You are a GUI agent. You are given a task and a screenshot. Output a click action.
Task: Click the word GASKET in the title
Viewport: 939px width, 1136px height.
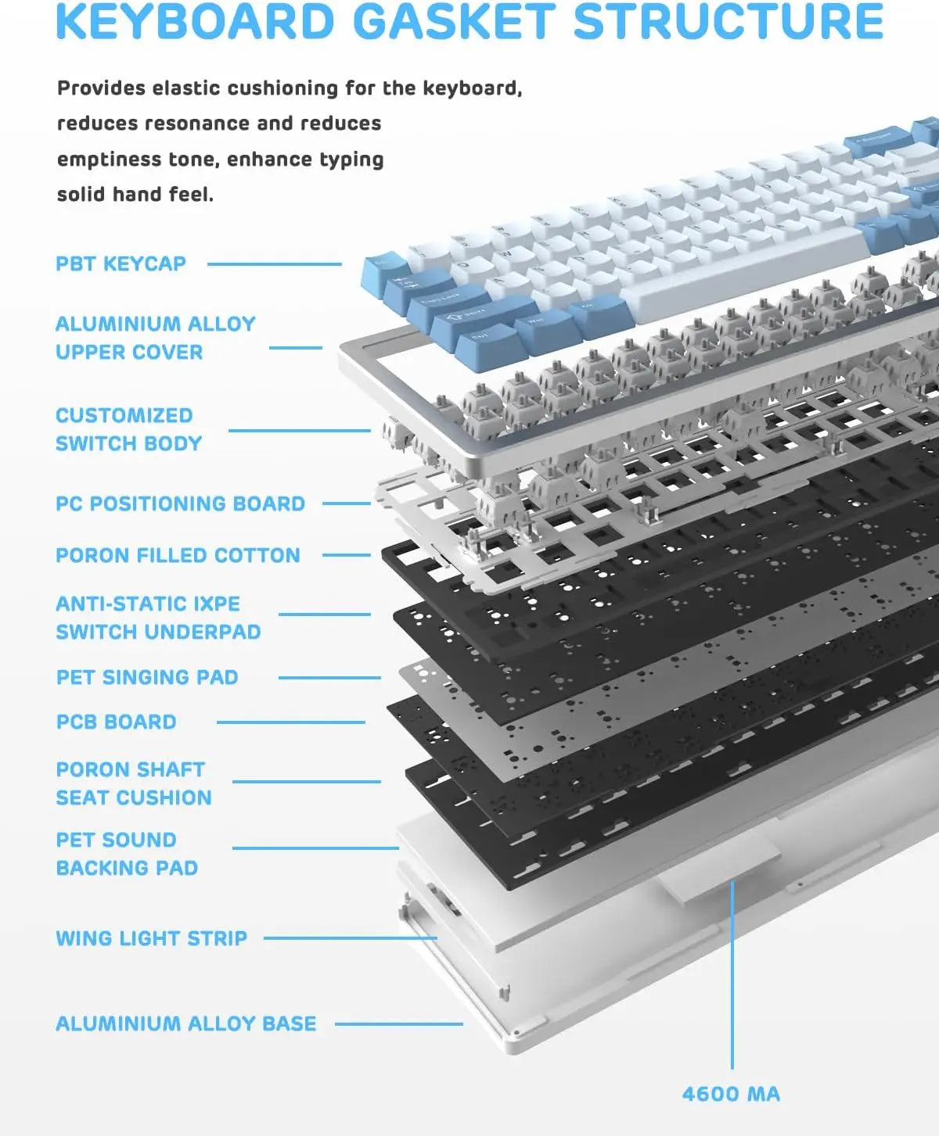pos(455,21)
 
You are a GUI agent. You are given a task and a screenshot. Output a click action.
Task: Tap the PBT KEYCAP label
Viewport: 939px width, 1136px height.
pos(121,264)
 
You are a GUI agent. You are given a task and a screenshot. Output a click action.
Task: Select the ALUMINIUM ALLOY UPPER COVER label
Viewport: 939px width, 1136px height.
pos(156,338)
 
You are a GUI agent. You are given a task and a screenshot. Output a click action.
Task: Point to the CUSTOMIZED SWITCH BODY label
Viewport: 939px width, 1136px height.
pos(129,429)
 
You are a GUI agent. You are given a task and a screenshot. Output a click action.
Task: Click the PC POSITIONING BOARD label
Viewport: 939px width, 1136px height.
pos(180,503)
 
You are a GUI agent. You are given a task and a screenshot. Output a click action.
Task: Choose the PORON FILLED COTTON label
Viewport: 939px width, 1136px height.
pos(178,555)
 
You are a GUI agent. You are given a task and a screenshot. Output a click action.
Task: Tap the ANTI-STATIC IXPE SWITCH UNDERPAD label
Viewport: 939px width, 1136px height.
pos(159,618)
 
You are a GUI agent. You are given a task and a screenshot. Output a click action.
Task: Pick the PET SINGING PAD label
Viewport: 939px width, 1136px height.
pos(148,677)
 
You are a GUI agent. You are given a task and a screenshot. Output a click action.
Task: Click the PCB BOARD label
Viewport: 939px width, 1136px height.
pos(117,722)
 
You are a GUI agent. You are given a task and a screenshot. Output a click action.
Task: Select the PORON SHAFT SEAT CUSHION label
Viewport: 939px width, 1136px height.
pos(134,783)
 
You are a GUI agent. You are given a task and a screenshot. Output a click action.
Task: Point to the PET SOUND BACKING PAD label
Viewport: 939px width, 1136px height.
pos(127,854)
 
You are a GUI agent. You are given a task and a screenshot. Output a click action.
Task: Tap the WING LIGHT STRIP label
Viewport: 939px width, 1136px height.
pos(152,938)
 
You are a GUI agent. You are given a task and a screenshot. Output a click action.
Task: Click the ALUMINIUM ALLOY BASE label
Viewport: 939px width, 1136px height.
pos(186,1024)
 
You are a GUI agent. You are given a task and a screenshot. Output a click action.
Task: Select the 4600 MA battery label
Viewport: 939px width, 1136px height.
pos(732,1094)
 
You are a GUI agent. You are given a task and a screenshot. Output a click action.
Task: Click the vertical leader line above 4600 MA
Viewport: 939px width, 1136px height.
pos(732,975)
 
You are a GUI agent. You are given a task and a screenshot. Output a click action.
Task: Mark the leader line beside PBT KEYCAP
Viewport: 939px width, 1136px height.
pos(275,264)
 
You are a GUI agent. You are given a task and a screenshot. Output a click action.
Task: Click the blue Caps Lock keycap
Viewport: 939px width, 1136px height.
pos(448,303)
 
